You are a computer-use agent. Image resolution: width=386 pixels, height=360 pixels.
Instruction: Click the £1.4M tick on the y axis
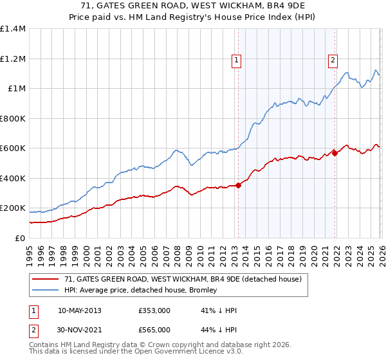(13, 29)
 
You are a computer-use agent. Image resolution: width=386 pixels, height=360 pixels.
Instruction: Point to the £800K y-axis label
(13, 118)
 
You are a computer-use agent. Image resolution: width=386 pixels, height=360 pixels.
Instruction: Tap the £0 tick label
(20, 238)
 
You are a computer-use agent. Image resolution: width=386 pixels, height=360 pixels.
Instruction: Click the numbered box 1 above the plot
(237, 61)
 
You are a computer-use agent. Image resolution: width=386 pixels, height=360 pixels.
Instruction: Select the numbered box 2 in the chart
(333, 61)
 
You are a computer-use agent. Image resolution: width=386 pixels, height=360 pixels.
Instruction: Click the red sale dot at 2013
(238, 185)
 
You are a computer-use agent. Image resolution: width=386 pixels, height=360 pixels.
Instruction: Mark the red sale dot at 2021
(335, 153)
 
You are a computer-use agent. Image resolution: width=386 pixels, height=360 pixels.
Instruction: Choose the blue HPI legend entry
(141, 291)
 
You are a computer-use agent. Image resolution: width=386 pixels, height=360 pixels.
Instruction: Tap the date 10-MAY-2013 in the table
(79, 310)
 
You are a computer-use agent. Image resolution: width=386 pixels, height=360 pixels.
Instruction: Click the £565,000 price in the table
(154, 330)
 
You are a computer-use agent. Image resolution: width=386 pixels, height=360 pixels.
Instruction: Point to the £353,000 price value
(154, 310)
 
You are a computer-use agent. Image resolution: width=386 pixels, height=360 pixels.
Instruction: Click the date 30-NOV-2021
(79, 330)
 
